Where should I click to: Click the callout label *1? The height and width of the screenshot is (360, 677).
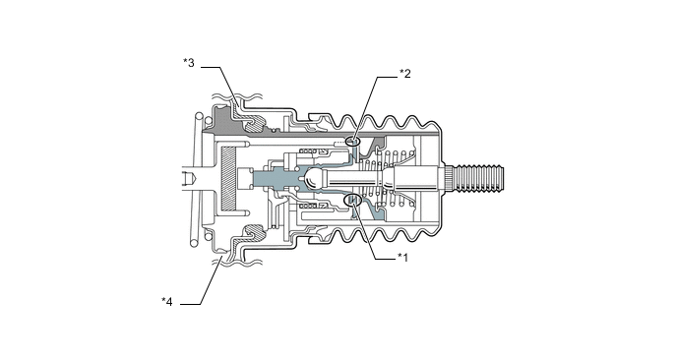pyautogui.click(x=401, y=257)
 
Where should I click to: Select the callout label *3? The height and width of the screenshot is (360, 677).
pyautogui.click(x=189, y=63)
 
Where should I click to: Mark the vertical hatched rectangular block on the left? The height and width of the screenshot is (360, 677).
pyautogui.click(x=229, y=177)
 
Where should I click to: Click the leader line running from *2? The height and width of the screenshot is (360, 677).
pyautogui.click(x=378, y=108)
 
